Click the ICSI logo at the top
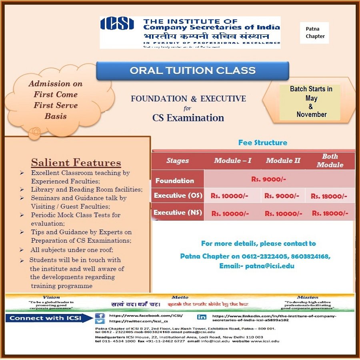pyautogui.click(x=117, y=24)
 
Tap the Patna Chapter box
pyautogui.click(x=315, y=32)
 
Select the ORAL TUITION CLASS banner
pyautogui.click(x=192, y=70)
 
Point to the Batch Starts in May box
pyautogui.click(x=311, y=101)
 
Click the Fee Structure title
pyautogui.click(x=262, y=143)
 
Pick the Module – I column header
pyautogui.click(x=232, y=161)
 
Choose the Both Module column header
pyautogui.click(x=330, y=161)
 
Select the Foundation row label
pyautogui.click(x=175, y=181)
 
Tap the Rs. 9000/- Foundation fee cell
pyautogui.click(x=268, y=179)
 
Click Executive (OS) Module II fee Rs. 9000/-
pyautogui.click(x=282, y=196)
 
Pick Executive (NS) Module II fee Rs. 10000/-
pyautogui.click(x=283, y=213)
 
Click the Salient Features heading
pyautogui.click(x=76, y=162)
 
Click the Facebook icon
pyautogui.click(x=100, y=316)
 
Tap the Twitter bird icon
pyautogui.click(x=100, y=321)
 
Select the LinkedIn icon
pyautogui.click(x=202, y=317)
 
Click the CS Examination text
pyautogui.click(x=188, y=118)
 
